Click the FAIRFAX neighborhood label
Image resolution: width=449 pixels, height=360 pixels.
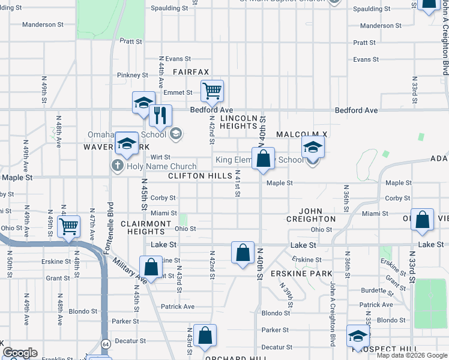click(191, 72)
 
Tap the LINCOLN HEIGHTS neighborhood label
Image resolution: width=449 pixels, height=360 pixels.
click(238, 122)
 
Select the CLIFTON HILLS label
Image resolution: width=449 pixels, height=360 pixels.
click(200, 176)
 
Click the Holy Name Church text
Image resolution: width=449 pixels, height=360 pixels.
click(161, 166)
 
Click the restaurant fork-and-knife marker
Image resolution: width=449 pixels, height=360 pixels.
click(160, 115)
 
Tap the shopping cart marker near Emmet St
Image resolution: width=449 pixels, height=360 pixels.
click(212, 91)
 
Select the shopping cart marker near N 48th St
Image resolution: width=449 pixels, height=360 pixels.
click(70, 227)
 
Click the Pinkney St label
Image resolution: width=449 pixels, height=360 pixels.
click(133, 75)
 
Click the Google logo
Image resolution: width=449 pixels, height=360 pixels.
click(20, 353)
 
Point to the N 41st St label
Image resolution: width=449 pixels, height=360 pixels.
click(238, 184)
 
